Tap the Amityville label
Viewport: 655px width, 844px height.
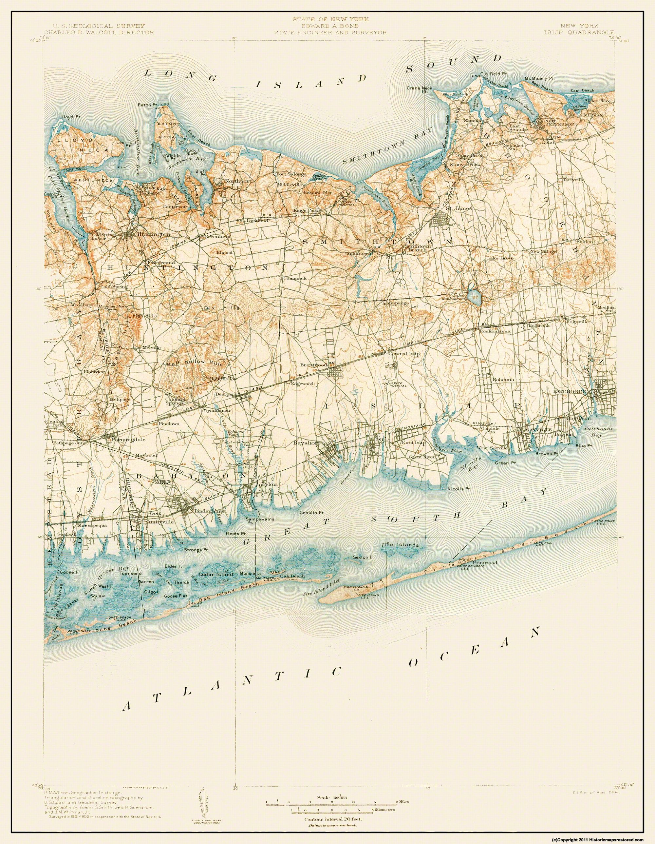click(158, 521)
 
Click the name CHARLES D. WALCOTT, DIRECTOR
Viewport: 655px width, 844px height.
click(99, 33)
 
